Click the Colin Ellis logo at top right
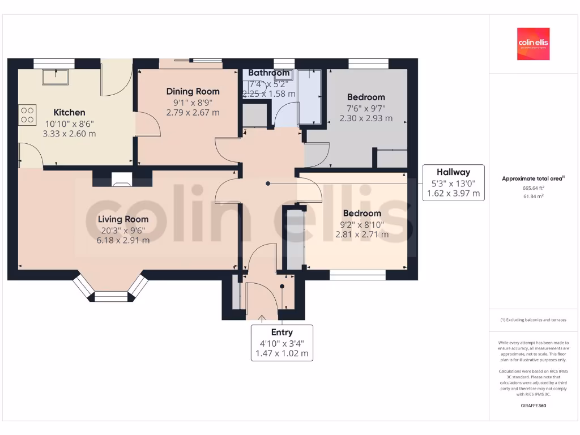pyautogui.click(x=533, y=44)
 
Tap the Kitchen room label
pyautogui.click(x=69, y=112)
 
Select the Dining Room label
pyautogui.click(x=193, y=91)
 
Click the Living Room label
pyautogui.click(x=123, y=219)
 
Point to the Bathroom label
pyautogui.click(x=269, y=72)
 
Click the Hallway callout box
pyautogui.click(x=453, y=183)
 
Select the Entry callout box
pyautogui.click(x=282, y=343)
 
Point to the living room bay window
pyautogui.click(x=111, y=290)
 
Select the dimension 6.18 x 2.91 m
pyautogui.click(x=123, y=240)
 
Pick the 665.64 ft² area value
pyautogui.click(x=533, y=187)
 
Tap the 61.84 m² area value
pyautogui.click(x=533, y=196)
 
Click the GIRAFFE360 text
pyautogui.click(x=533, y=406)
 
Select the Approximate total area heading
pyautogui.click(x=533, y=178)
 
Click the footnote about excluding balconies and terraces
pyautogui.click(x=533, y=320)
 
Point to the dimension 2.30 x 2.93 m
pyautogui.click(x=366, y=118)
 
